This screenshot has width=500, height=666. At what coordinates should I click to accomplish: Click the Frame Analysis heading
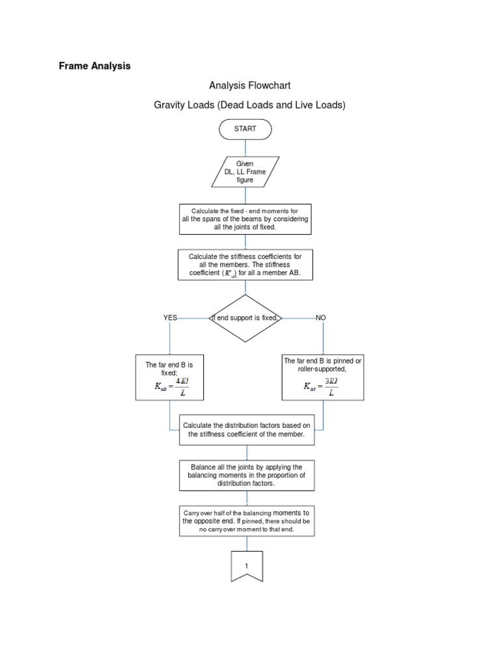(94, 66)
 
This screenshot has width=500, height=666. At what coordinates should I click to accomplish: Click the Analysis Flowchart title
(249, 85)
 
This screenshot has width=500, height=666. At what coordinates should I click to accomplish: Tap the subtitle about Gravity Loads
(249, 105)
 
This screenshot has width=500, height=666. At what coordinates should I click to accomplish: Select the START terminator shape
(245, 129)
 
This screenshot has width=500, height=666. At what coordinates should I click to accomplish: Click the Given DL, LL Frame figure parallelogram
(245, 172)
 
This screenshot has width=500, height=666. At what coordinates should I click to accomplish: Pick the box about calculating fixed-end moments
(246, 219)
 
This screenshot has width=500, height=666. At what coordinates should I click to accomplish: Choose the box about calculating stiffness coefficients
(245, 265)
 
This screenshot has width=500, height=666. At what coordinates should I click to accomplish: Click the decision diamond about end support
(245, 318)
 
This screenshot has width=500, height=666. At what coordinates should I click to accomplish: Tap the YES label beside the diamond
(170, 318)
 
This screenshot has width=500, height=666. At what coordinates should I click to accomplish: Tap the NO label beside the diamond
(320, 318)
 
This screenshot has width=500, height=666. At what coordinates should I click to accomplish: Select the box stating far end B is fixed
(169, 377)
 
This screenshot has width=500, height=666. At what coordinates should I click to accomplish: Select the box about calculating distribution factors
(247, 430)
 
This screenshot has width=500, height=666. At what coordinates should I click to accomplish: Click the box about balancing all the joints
(247, 475)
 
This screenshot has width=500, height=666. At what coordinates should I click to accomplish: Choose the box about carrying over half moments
(247, 521)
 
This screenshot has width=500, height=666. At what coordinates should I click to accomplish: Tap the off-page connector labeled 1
(247, 566)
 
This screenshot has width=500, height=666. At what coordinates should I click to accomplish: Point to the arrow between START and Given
(245, 148)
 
